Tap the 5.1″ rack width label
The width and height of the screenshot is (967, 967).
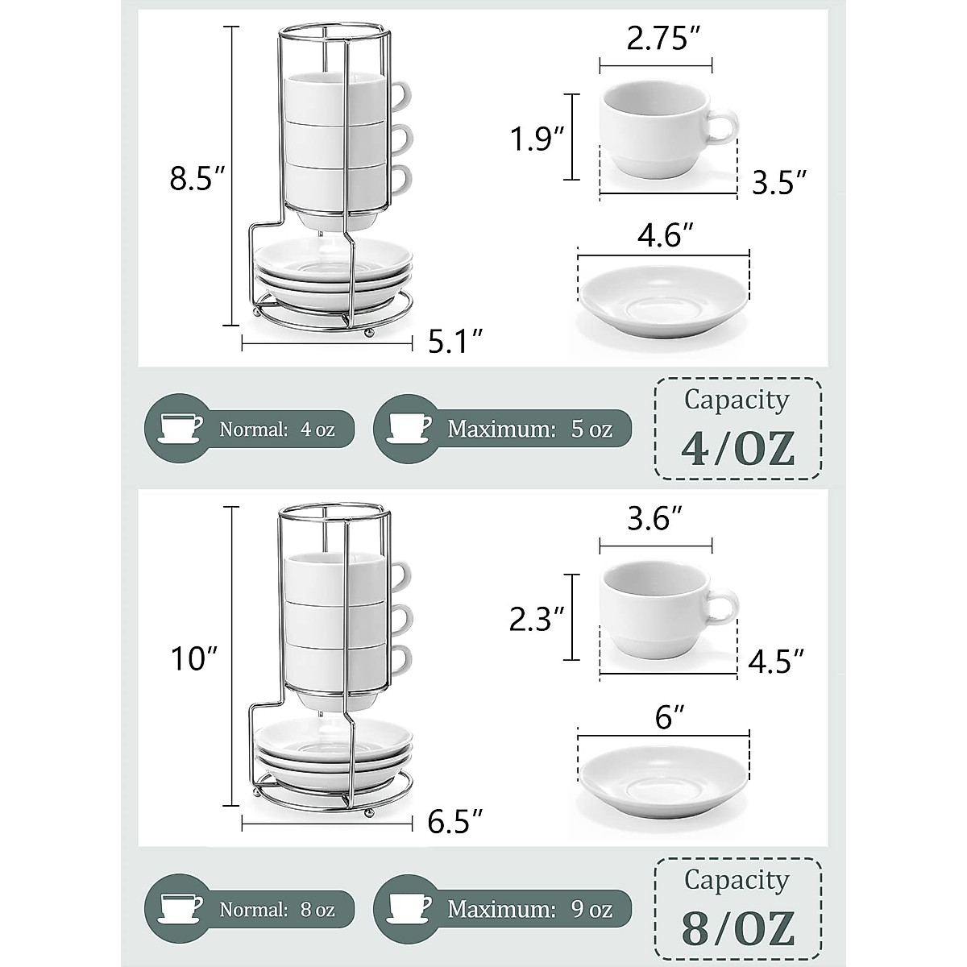click(455, 343)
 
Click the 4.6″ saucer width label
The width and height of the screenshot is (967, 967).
click(666, 236)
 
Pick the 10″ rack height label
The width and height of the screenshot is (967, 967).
click(194, 658)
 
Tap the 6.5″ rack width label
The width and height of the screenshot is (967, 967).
click(456, 823)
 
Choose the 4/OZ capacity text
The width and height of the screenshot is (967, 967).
click(737, 449)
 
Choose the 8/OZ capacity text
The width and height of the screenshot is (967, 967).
click(737, 928)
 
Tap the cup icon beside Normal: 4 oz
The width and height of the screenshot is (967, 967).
click(181, 428)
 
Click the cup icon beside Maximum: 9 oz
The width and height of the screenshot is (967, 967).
click(410, 909)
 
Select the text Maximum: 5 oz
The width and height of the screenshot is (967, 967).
click(529, 429)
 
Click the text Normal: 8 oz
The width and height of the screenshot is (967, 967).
click(276, 910)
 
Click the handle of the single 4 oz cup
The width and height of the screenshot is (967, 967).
click(724, 127)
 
